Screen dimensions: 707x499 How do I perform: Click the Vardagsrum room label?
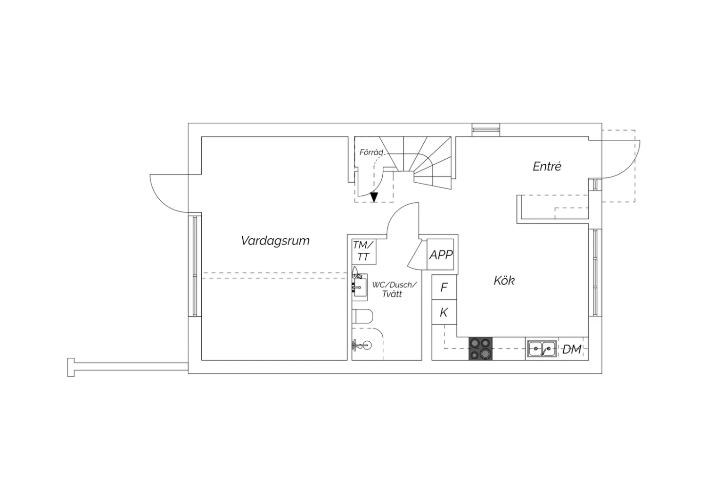pos(275,241)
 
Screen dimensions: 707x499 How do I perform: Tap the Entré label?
pos(547,167)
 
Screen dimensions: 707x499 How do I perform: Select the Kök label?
pos(504,280)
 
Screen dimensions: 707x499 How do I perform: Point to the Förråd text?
pos(371,152)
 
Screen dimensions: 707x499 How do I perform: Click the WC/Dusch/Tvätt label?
pos(394,290)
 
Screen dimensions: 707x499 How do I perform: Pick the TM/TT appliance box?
pos(364,251)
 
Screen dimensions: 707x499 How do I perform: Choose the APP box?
pos(440,254)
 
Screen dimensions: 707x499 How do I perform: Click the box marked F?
pos(444,287)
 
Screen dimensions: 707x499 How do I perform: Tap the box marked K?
pos(444,312)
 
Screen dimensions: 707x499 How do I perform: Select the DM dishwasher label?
pos(572,349)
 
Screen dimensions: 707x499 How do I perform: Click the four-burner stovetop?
pos(480,349)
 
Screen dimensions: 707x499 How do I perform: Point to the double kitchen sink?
pos(542,349)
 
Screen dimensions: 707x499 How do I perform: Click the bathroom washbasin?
pos(360,287)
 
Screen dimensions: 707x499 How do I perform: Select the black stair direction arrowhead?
pos(374,197)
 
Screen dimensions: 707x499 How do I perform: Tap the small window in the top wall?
pos(486,129)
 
